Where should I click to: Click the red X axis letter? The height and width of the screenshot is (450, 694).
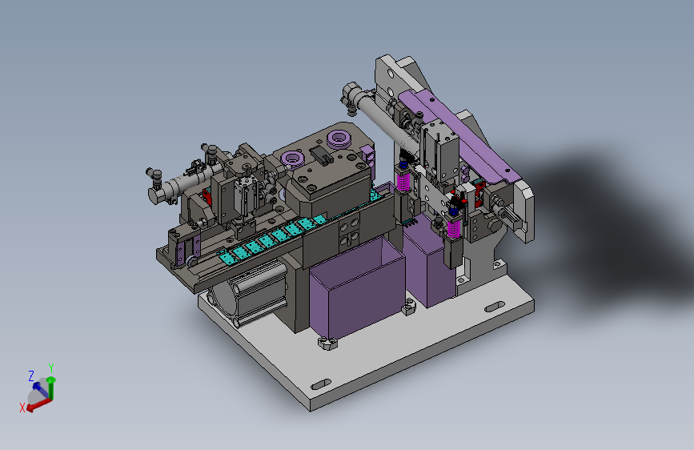[x=22, y=408]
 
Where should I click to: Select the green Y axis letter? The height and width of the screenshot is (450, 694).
[x=51, y=368]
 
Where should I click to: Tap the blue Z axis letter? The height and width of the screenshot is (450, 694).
[x=31, y=376]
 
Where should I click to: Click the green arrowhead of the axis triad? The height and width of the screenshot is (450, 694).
[x=51, y=380]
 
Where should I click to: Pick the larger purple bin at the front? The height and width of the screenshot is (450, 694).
[x=357, y=288]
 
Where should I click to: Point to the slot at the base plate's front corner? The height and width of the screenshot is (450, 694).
[x=321, y=384]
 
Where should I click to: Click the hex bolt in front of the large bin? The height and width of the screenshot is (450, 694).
[x=327, y=343]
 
